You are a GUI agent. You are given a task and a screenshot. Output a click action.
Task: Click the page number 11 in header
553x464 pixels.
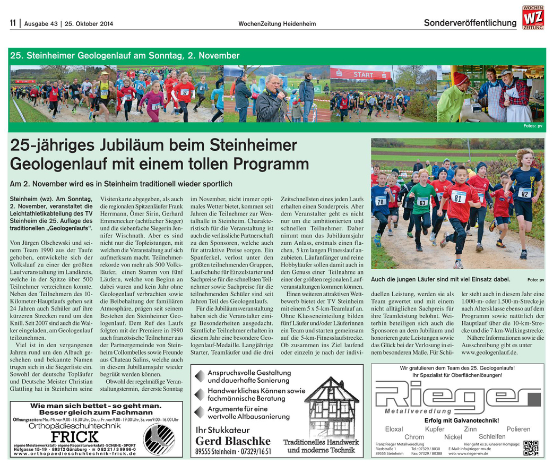tap(13, 23)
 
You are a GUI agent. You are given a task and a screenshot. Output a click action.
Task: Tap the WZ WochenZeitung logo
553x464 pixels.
tap(532, 17)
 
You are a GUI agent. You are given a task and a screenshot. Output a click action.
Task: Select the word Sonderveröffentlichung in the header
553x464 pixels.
tap(470, 23)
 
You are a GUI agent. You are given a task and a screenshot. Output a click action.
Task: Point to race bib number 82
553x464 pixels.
tap(525, 193)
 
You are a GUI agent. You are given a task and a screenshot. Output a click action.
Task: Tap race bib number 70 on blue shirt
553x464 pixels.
tap(380, 201)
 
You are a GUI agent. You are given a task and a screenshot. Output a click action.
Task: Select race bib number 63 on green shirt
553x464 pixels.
tap(422, 202)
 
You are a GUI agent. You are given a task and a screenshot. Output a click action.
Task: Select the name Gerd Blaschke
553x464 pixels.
tap(232, 441)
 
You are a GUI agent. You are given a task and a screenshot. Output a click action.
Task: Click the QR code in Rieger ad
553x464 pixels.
tap(530, 448)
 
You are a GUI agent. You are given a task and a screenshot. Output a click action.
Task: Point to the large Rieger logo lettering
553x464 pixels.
tap(456, 394)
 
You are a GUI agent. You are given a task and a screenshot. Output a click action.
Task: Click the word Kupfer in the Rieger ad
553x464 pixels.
tap(435, 429)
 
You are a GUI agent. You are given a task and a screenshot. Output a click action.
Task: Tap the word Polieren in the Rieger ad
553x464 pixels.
tap(518, 429)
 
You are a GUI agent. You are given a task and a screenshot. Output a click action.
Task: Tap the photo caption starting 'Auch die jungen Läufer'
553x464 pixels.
tap(440, 279)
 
